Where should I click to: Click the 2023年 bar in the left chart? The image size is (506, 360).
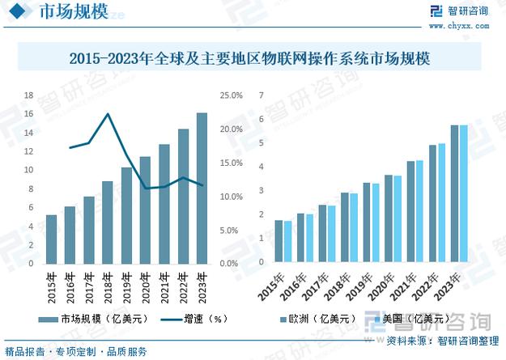coord(202,188)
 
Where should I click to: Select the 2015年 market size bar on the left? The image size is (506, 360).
coord(52,239)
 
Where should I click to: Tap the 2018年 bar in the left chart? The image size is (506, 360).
coord(108,222)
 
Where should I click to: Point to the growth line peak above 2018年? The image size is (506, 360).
coord(108,114)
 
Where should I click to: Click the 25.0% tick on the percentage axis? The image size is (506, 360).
coord(231,95)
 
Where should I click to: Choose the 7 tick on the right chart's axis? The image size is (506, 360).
coord(261,95)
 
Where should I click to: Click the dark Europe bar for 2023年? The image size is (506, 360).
coord(455,194)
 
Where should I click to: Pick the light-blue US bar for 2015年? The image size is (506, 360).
coord(287,242)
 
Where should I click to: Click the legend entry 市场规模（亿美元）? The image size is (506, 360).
coord(97,320)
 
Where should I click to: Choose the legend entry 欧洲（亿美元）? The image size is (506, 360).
coord(316,320)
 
